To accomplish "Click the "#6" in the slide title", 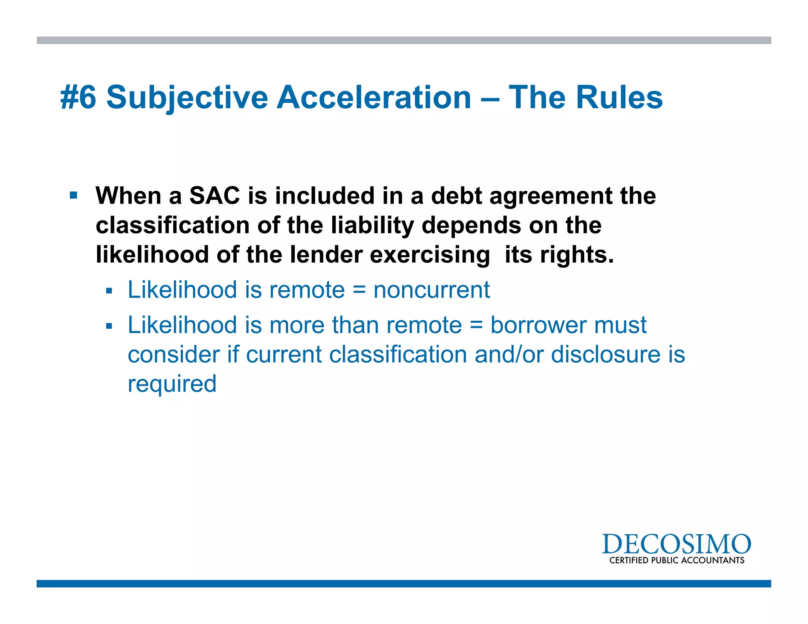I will (x=78, y=97).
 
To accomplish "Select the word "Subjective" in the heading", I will (x=187, y=97).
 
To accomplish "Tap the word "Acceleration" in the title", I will (x=374, y=97).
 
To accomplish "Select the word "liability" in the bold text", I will (x=372, y=225).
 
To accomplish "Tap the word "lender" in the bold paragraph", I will (x=326, y=254).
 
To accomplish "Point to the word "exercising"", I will (x=430, y=254).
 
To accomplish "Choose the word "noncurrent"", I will (x=432, y=290).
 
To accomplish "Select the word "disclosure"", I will (x=606, y=354).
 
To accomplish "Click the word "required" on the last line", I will (x=172, y=384).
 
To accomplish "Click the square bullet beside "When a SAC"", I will (x=73, y=195).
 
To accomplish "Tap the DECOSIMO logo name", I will (x=676, y=544).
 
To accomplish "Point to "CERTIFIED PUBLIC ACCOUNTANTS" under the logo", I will (x=677, y=560).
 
